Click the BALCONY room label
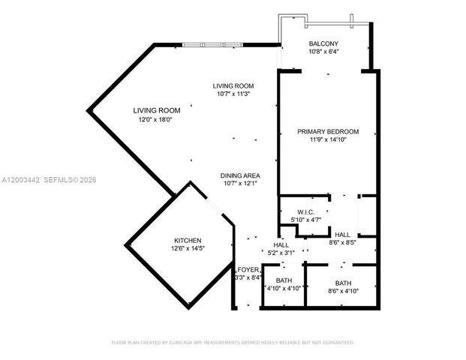click(323, 43)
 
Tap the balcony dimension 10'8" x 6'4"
click(323, 52)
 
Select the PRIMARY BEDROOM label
click(328, 131)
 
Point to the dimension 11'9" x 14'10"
click(328, 139)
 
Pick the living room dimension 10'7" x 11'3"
click(233, 94)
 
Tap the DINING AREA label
click(241, 175)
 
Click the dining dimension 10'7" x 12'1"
click(241, 184)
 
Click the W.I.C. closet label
click(305, 211)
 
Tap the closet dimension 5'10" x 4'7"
click(305, 219)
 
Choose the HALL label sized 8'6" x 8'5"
click(342, 234)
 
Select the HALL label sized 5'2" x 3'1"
click(281, 244)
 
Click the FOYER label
click(248, 270)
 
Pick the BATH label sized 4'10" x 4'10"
click(284, 280)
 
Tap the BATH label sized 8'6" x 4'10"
click(343, 283)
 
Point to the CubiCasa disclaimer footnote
click(233, 342)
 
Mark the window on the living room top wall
click(213, 45)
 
